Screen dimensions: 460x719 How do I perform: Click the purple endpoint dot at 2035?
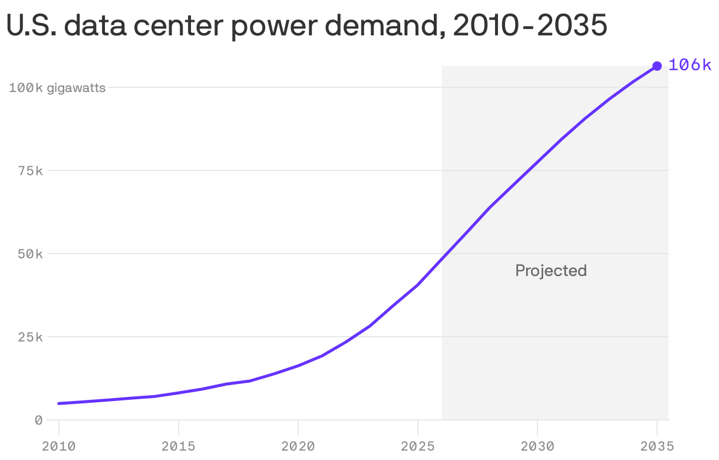pyautogui.click(x=657, y=66)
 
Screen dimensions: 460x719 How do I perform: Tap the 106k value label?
pyautogui.click(x=690, y=65)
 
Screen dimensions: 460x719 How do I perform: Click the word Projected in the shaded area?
pyautogui.click(x=551, y=271)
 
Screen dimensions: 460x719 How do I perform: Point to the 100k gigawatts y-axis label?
pyautogui.click(x=57, y=88)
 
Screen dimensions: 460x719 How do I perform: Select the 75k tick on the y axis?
pyautogui.click(x=31, y=171)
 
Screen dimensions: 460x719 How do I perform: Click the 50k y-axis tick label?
pyautogui.click(x=31, y=254)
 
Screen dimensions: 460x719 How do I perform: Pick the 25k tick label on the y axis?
pyautogui.click(x=31, y=337)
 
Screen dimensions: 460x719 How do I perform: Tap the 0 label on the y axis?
pyautogui.click(x=38, y=420)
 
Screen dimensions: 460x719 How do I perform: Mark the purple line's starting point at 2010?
pyautogui.click(x=59, y=403)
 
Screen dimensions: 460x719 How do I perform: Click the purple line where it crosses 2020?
pyautogui.click(x=298, y=366)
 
